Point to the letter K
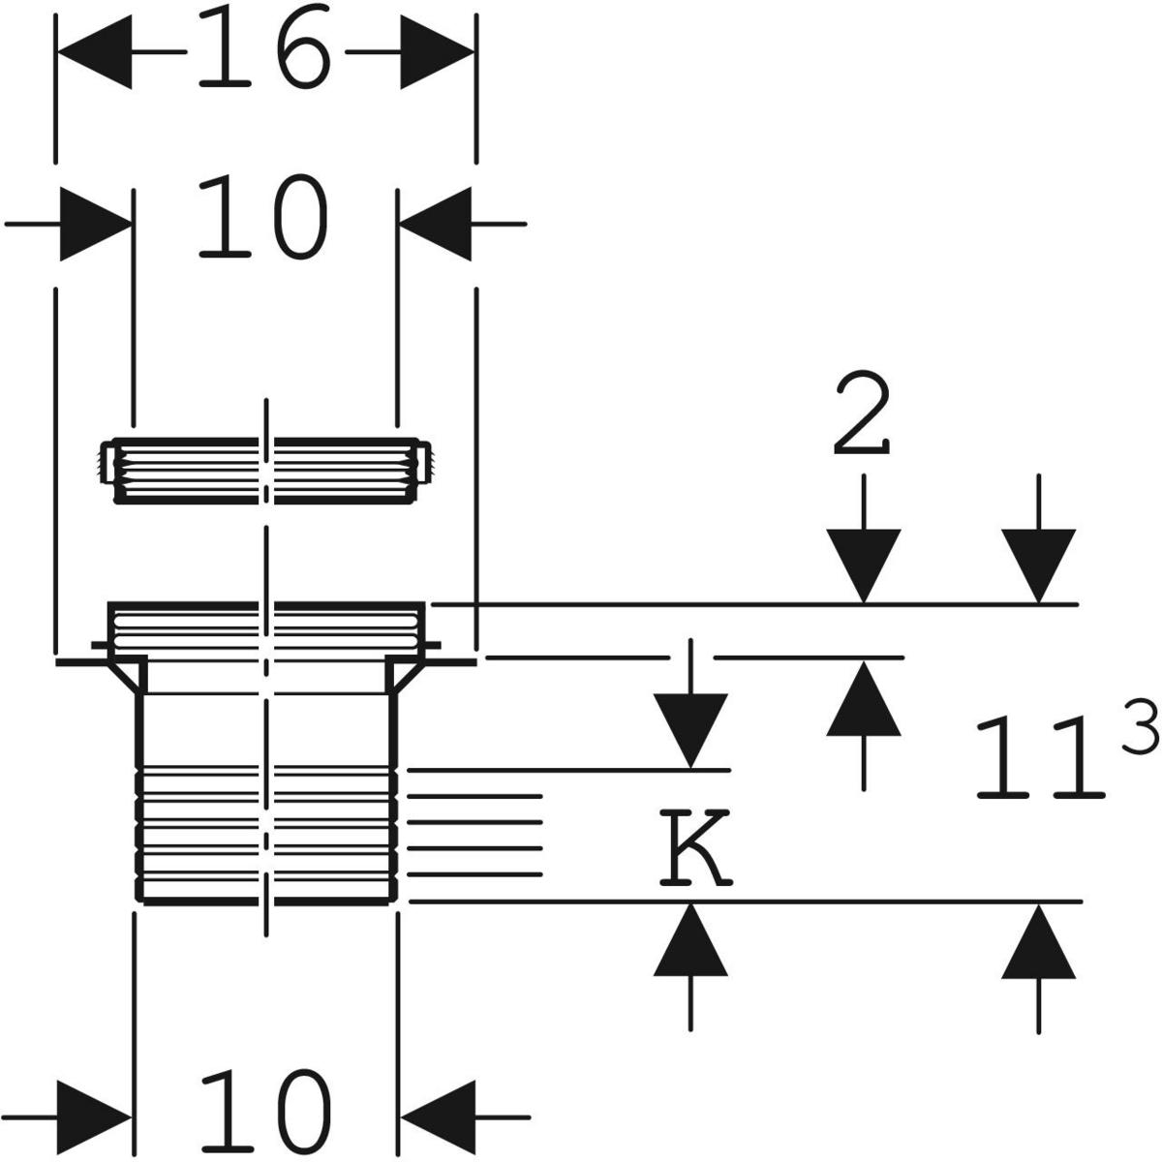click(694, 849)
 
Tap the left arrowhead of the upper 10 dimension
click(96, 224)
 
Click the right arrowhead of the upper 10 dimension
click(435, 224)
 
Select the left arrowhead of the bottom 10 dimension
click(96, 1116)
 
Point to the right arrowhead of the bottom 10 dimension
click(435, 1116)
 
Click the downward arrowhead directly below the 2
click(863, 566)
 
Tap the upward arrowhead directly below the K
click(689, 939)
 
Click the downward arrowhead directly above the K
click(689, 731)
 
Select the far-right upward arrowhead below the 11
click(1038, 939)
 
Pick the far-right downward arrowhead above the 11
click(1038, 566)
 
